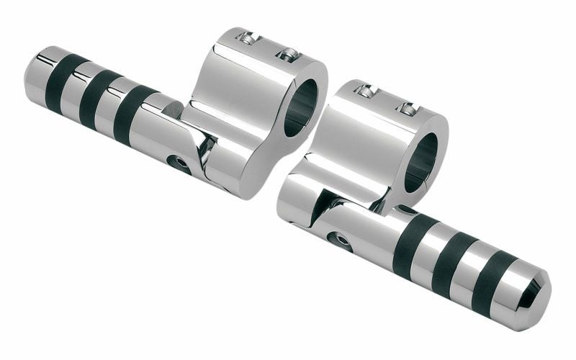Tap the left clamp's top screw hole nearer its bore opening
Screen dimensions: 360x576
[289, 53]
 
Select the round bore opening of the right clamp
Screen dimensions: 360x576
[423, 161]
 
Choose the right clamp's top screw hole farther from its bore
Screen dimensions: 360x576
[366, 91]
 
